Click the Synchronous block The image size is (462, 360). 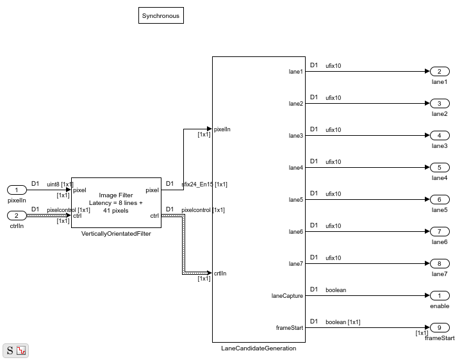[161, 15]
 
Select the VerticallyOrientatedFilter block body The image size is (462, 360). [116, 202]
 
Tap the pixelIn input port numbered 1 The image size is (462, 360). [17, 190]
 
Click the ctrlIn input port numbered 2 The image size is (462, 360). [17, 215]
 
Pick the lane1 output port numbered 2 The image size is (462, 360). [440, 71]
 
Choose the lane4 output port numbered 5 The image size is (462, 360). [440, 167]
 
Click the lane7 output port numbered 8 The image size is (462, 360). [440, 263]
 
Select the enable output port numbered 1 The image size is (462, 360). [440, 295]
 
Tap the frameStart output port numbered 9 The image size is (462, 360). [440, 327]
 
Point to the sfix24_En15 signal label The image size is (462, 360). [197, 184]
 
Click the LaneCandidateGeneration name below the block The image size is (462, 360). [259, 348]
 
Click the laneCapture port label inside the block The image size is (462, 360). [287, 296]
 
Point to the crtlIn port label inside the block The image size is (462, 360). [220, 274]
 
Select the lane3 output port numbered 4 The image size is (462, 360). [440, 136]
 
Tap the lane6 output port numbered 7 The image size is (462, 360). [440, 231]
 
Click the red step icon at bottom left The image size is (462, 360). [21, 350]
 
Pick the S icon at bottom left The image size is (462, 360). [10, 350]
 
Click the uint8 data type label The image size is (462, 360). [53, 184]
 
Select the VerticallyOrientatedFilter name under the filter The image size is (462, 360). [116, 234]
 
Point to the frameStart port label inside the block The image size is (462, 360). [290, 328]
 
